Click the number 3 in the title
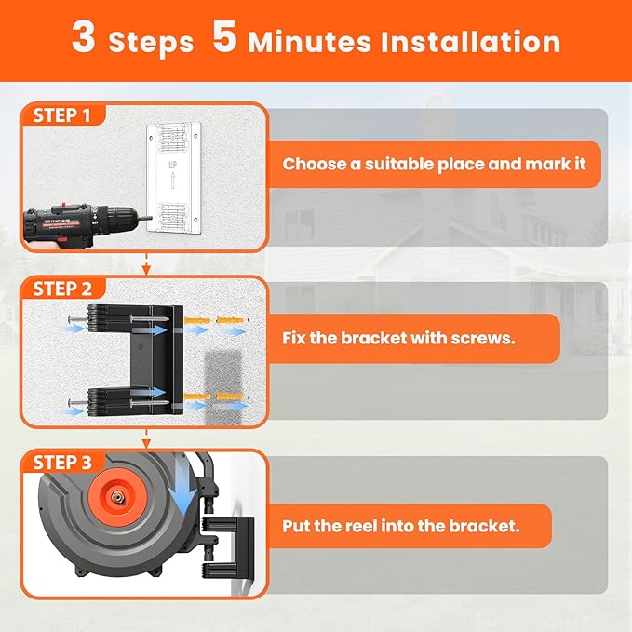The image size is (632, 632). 85,39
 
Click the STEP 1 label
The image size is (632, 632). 62,115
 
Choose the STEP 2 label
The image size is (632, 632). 62,289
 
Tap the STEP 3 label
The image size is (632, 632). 62,463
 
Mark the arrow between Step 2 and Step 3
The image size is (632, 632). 146,440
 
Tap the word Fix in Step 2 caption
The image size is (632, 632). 295,338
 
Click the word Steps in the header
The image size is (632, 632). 151,43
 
